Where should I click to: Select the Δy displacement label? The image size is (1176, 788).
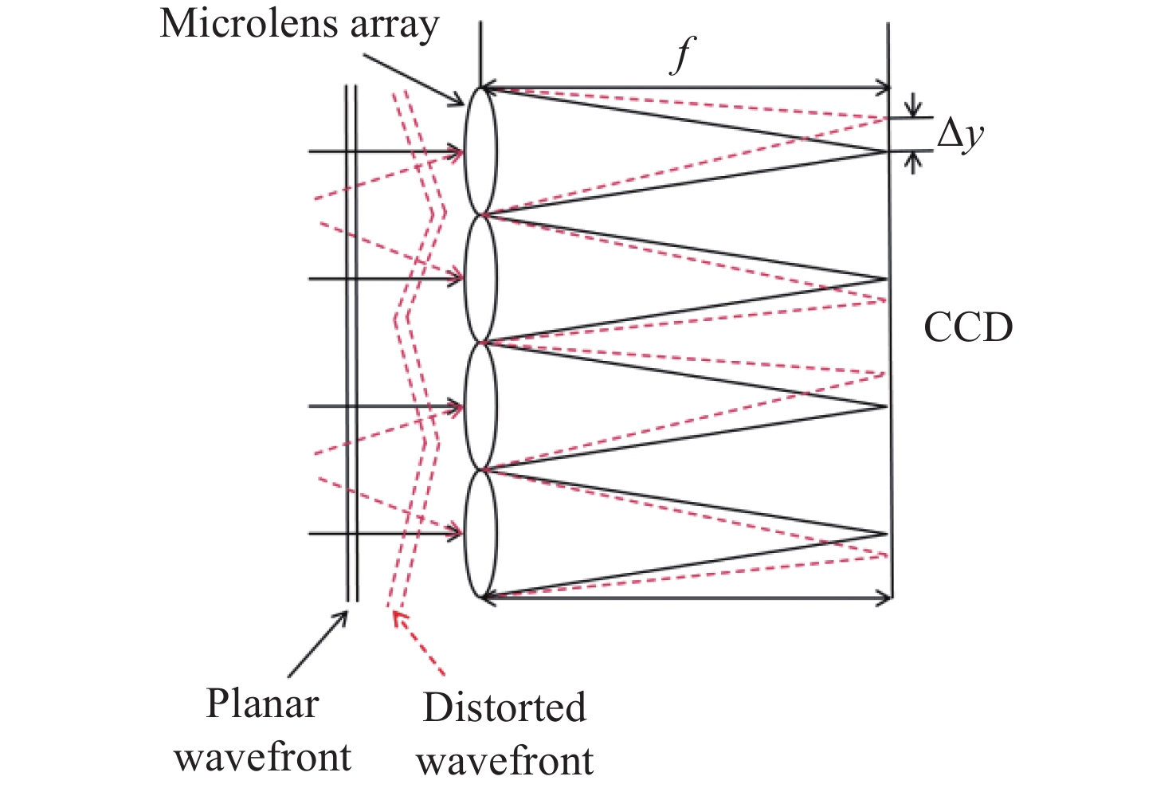[960, 135]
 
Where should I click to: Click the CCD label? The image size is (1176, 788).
[968, 327]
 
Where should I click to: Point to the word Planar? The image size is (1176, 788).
[262, 704]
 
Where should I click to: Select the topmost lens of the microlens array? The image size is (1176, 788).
[480, 151]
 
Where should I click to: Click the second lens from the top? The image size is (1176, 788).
[480, 279]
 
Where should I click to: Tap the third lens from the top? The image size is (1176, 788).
[480, 406]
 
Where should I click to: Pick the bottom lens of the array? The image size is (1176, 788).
[480, 534]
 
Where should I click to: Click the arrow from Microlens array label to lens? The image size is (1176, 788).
[414, 79]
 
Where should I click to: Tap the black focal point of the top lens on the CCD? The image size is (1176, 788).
[885, 151]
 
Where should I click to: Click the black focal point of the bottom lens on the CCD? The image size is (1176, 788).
[886, 535]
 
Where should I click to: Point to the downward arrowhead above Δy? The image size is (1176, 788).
[914, 108]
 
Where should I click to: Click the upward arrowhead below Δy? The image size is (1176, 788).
[914, 162]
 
